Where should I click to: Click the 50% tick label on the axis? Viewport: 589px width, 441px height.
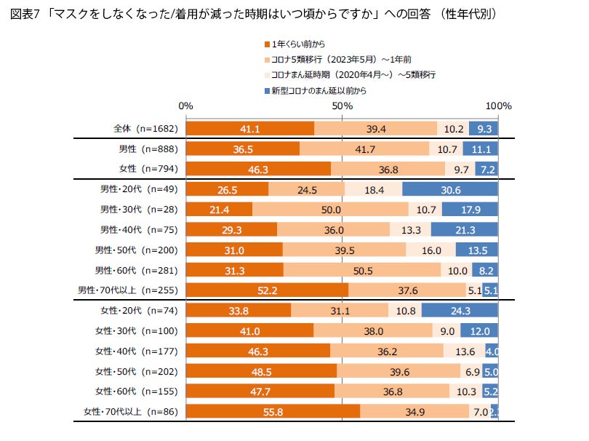[x=342, y=106]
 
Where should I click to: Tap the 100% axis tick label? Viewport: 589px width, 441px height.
[x=499, y=106]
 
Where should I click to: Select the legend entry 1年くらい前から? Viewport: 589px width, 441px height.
[x=298, y=44]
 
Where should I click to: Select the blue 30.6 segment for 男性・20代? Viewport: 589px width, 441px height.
[x=450, y=189]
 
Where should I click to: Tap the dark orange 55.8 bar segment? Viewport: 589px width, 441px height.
[x=273, y=413]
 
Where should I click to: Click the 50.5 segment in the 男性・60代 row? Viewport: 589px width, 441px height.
[x=362, y=270]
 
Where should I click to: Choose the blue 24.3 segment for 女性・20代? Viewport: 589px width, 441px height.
[x=460, y=311]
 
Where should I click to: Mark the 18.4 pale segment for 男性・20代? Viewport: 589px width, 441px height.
[x=373, y=189]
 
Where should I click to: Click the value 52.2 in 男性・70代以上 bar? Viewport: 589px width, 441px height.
[x=268, y=290]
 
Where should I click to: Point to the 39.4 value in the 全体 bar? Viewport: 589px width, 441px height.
[x=376, y=129]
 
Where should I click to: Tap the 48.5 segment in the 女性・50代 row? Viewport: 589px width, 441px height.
[x=262, y=372]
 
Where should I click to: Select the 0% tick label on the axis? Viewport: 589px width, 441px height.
[x=186, y=106]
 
